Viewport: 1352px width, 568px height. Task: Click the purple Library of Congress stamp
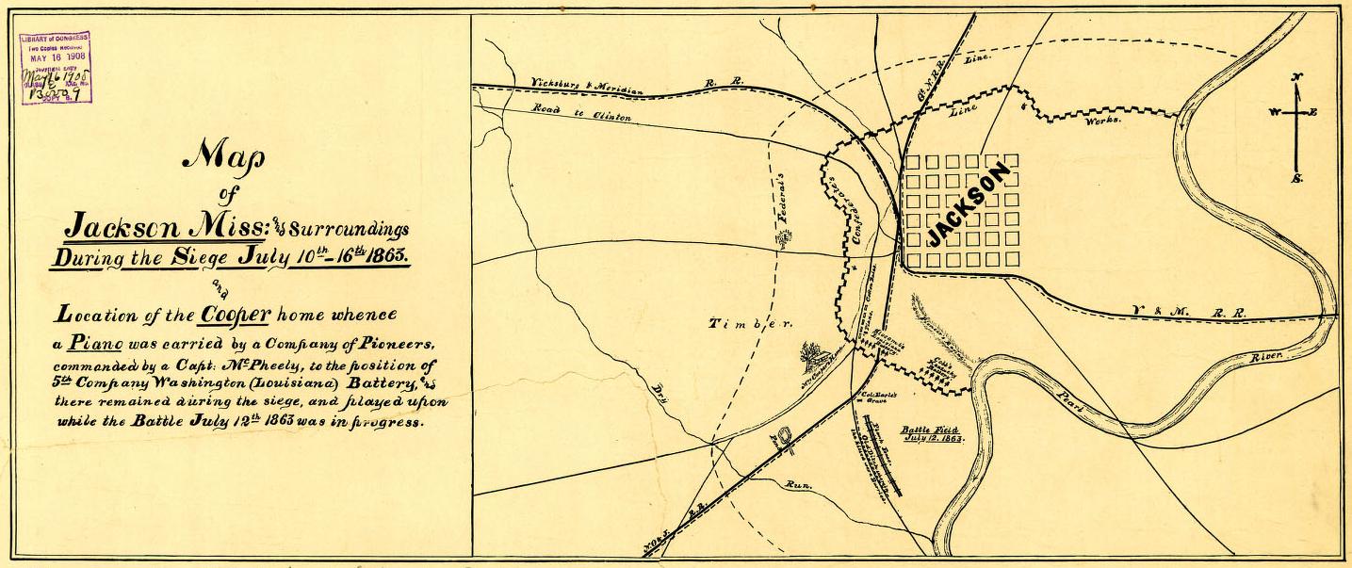[x=55, y=68]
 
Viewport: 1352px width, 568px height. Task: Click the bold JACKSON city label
[x=969, y=204]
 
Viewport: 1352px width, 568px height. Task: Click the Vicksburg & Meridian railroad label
[x=586, y=86]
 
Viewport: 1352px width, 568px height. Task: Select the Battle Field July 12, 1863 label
[x=930, y=432]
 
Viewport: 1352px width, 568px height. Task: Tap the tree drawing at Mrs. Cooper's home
[x=813, y=357]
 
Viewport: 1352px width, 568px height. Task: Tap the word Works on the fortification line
[x=1103, y=122]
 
